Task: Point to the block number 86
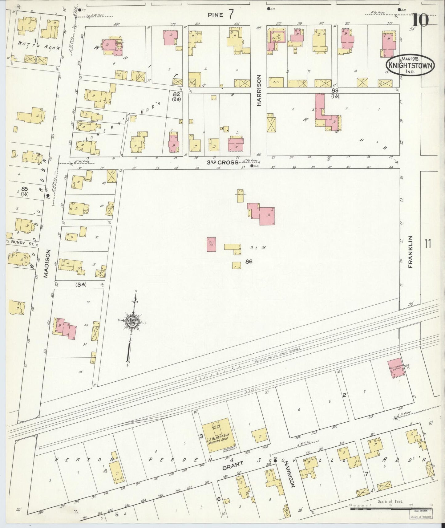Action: (249, 262)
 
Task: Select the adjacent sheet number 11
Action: (428, 244)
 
